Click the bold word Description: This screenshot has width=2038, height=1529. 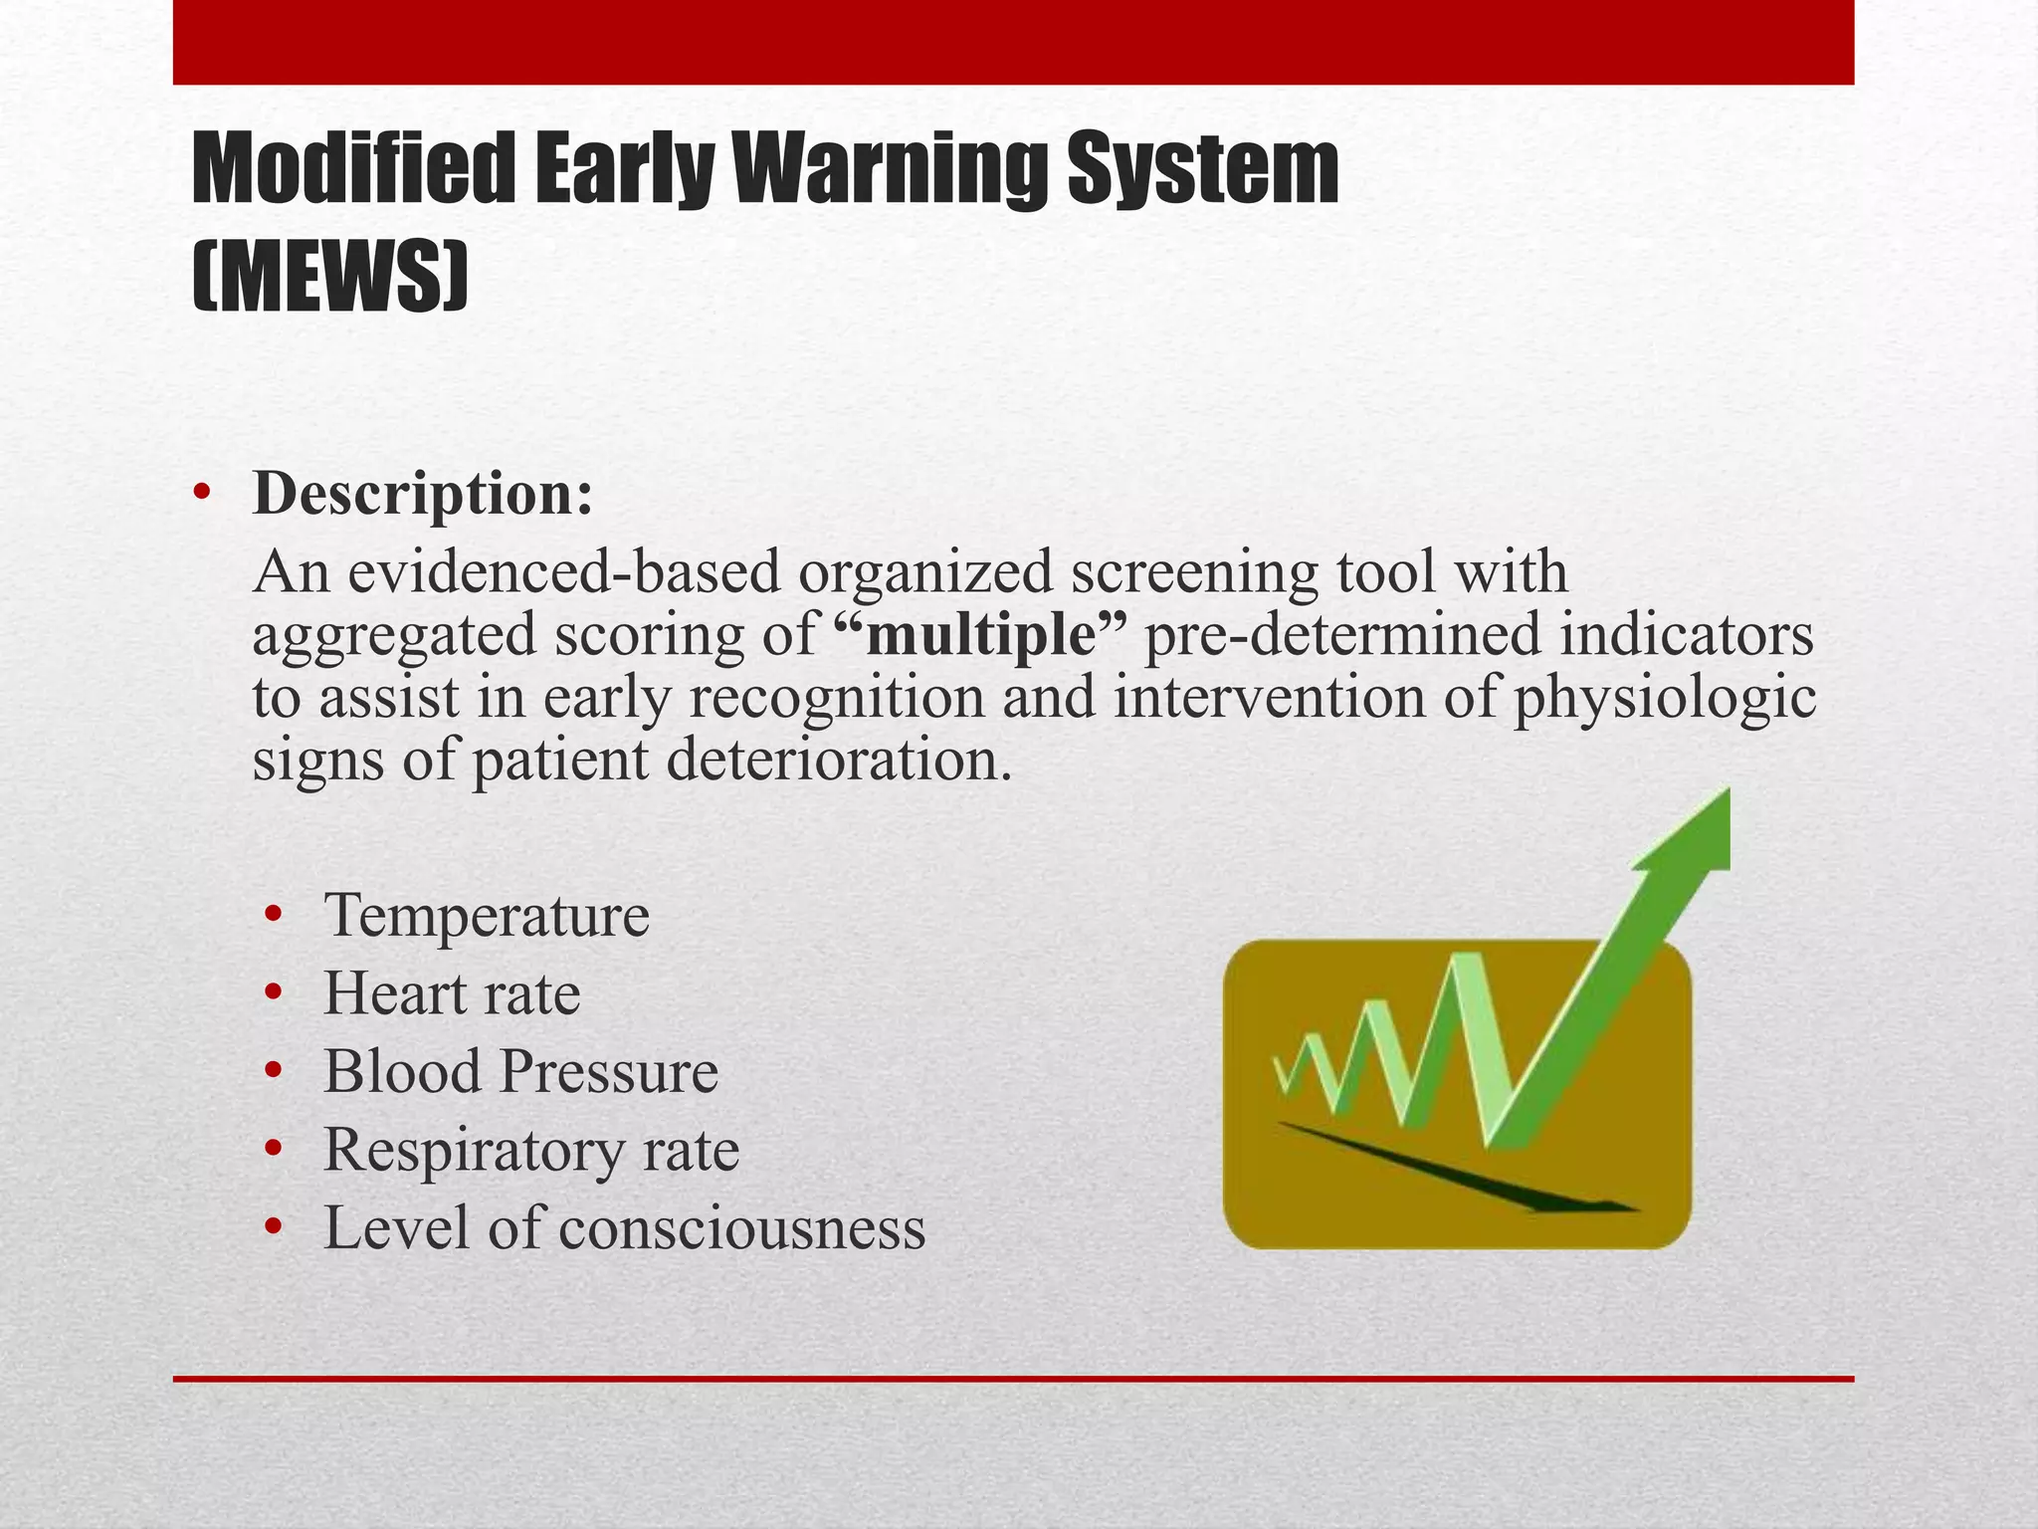(423, 495)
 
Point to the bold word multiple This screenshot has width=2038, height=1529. (980, 636)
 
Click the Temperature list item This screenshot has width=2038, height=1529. (487, 916)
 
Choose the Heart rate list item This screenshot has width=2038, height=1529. (452, 994)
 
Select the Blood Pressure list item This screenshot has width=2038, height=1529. (520, 1072)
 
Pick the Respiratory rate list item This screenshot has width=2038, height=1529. (531, 1151)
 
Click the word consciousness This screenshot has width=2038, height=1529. (741, 1228)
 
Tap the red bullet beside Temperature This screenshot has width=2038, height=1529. (274, 915)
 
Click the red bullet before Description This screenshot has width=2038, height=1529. (202, 494)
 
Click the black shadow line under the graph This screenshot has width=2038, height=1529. (1453, 1170)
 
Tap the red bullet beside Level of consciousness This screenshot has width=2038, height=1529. (274, 1228)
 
